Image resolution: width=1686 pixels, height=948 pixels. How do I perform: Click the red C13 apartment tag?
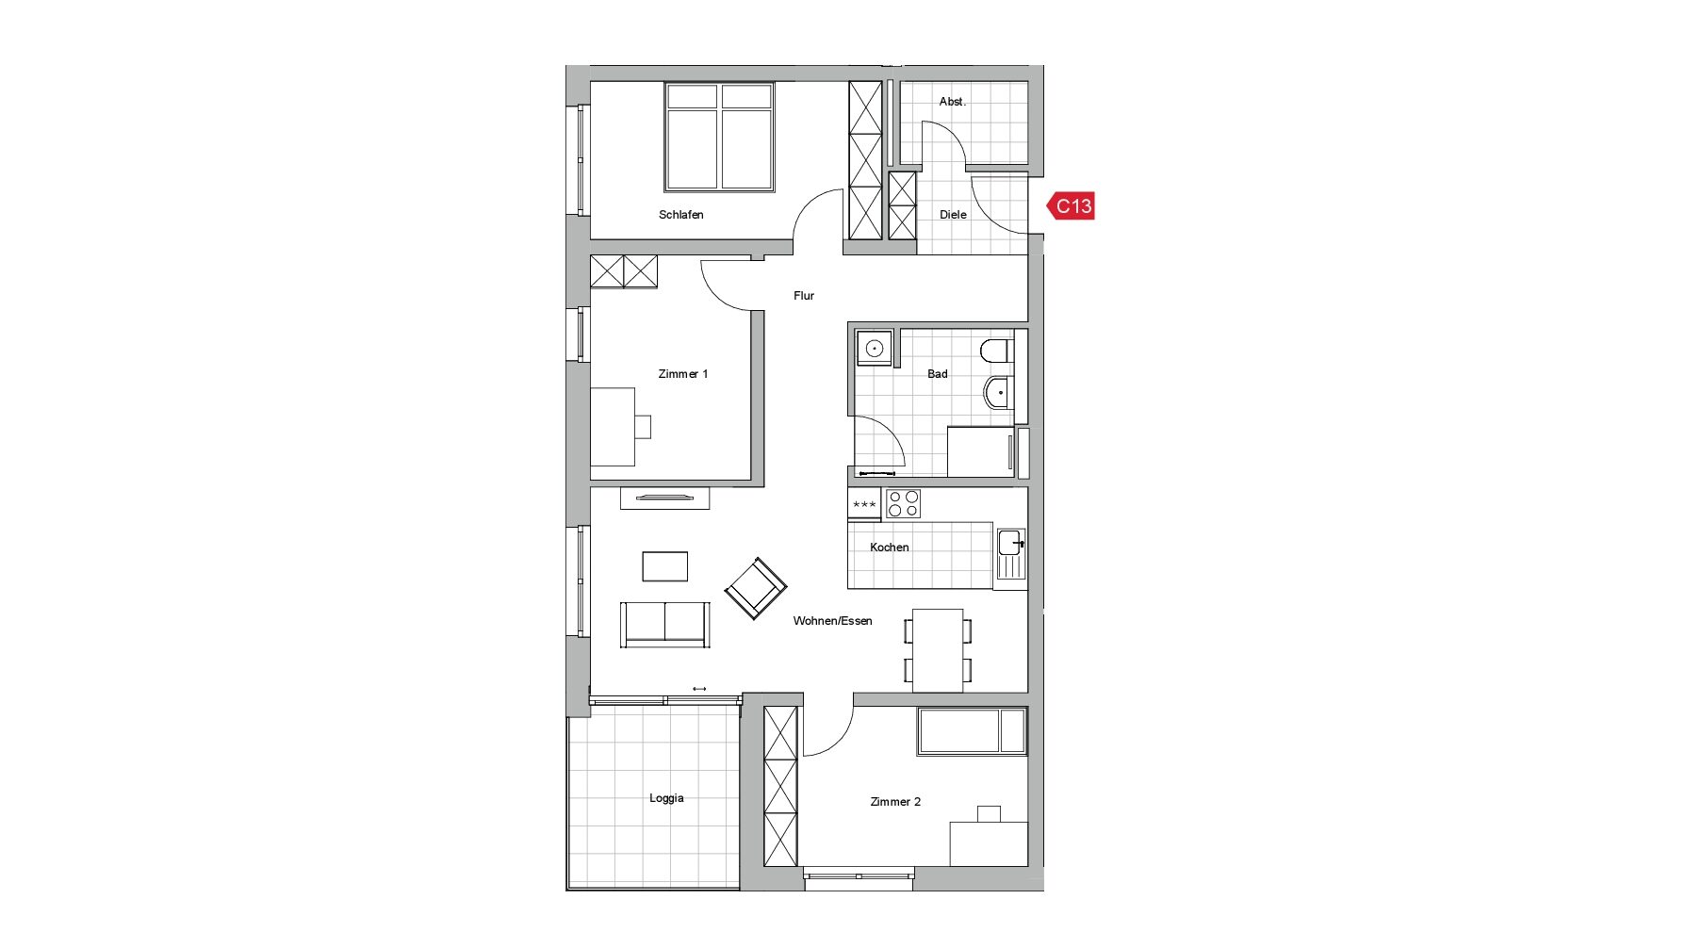(x=1072, y=205)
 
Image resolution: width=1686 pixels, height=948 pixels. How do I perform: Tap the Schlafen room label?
(x=680, y=215)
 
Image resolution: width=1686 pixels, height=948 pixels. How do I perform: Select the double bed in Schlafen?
(x=719, y=137)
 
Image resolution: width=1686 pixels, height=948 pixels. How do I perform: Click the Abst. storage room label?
(x=952, y=101)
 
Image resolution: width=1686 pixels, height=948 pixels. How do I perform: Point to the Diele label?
(x=953, y=215)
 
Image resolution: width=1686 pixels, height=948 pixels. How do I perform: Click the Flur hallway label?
(x=803, y=296)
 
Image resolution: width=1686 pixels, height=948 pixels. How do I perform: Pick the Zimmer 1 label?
(x=682, y=374)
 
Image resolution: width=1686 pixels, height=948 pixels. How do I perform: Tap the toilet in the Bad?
(x=996, y=351)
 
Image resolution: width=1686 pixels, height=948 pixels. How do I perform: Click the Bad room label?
(x=937, y=374)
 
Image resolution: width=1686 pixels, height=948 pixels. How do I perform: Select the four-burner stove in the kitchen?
(x=903, y=504)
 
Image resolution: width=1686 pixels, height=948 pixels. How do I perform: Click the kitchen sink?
(x=1011, y=553)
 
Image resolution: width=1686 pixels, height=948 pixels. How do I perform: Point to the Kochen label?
(x=889, y=548)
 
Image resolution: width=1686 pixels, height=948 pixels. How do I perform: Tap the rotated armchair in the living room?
(x=755, y=588)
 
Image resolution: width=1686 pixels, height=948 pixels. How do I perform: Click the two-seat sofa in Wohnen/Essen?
(x=664, y=625)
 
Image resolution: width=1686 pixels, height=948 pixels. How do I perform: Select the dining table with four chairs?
(x=938, y=650)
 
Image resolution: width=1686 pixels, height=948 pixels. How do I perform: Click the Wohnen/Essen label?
(x=832, y=621)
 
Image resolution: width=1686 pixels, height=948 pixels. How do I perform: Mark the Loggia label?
(x=666, y=798)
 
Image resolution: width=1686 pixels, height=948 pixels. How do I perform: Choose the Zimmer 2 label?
(x=895, y=802)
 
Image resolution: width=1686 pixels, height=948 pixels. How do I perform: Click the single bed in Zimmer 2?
(x=972, y=731)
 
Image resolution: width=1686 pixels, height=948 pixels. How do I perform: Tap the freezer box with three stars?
(x=864, y=504)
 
